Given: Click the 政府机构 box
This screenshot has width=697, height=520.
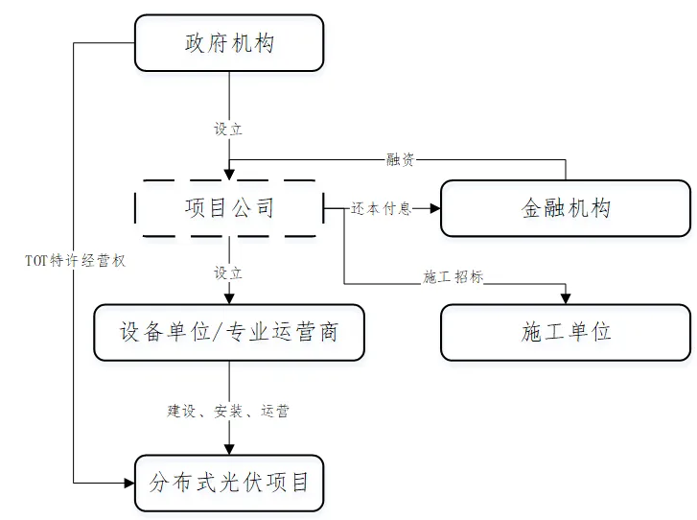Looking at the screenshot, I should pos(228,43).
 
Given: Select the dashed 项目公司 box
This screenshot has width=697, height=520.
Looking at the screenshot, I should pos(228,207).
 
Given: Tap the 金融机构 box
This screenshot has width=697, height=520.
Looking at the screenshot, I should pos(566,208).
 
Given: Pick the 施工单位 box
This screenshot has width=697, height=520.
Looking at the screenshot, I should pos(566,332).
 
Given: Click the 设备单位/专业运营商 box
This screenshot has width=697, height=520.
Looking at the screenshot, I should pos(228,332).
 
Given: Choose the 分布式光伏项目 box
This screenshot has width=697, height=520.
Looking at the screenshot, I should pos(228,481).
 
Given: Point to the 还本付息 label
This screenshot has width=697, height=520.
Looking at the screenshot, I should pos(381,208).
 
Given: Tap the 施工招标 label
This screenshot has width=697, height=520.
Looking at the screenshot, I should pos(453,277).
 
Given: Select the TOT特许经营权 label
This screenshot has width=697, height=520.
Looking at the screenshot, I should pos(76,260).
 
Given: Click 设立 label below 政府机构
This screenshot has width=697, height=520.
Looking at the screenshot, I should pos(228,130).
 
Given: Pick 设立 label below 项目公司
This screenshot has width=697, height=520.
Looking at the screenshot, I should pos(228,273).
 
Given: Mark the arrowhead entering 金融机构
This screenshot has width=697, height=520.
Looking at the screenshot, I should pos(434,208).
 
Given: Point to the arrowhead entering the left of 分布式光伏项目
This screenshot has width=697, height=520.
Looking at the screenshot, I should pos(128,481).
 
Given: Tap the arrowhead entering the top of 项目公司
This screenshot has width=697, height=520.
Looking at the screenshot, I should pos(228,174).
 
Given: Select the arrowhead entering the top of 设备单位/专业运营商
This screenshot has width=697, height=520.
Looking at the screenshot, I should pos(228,298).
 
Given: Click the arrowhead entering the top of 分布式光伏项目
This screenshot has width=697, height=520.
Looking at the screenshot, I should pos(228,447).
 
